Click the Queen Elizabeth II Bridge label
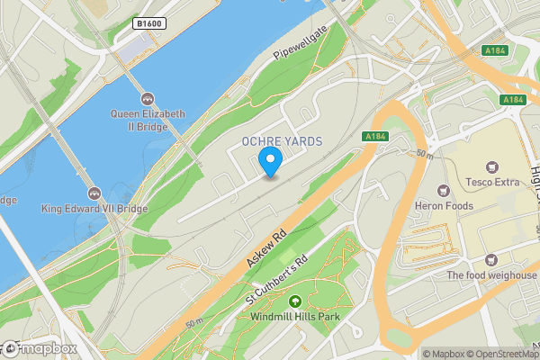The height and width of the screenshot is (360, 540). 148,120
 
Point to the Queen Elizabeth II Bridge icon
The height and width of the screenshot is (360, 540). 148,98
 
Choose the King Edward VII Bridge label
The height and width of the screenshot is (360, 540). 94,208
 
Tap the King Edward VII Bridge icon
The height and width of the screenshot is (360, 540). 94,193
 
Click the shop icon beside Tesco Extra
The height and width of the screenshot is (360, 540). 491,167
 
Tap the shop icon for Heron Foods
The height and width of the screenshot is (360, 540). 443,191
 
